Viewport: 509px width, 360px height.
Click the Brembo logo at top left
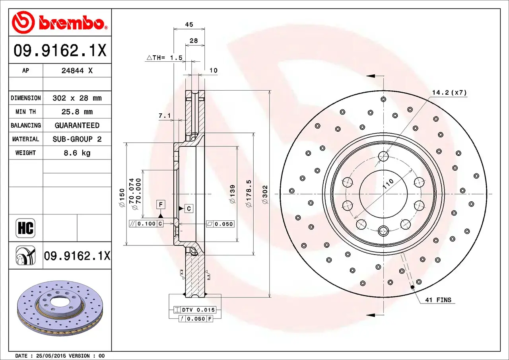point(60,22)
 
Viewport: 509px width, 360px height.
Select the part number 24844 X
point(77,70)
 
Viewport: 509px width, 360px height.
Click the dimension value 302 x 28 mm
point(77,98)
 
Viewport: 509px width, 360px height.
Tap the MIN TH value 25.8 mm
point(77,112)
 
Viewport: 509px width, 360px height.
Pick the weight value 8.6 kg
point(77,153)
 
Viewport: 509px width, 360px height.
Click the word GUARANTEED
point(77,125)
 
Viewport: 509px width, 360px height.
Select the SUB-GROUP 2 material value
point(77,139)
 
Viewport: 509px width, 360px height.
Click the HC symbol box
point(25,228)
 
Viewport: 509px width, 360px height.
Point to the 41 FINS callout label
point(438,300)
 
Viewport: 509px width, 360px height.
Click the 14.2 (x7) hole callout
point(449,93)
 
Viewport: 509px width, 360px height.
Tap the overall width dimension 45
point(189,25)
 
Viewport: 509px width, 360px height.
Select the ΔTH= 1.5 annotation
point(165,58)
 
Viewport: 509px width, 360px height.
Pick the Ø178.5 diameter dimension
point(249,193)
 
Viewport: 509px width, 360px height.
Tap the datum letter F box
point(161,204)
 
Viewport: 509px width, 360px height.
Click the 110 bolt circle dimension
point(388,184)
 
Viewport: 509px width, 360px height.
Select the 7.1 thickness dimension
point(164,116)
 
